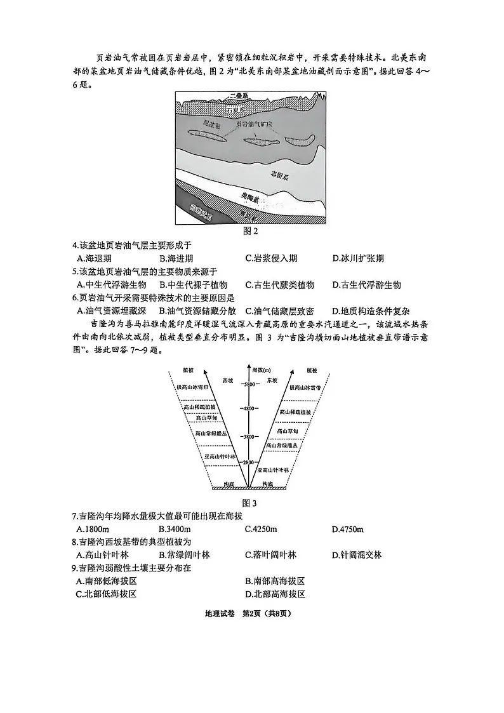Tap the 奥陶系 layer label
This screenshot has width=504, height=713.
click(251, 198)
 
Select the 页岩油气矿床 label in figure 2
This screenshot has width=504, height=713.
click(255, 124)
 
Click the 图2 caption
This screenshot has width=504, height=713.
click(251, 231)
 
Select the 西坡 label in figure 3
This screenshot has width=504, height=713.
click(228, 380)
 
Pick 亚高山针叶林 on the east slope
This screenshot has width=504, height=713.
click(273, 470)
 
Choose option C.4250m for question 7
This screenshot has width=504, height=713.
click(261, 530)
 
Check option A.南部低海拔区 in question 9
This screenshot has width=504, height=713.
click(107, 581)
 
